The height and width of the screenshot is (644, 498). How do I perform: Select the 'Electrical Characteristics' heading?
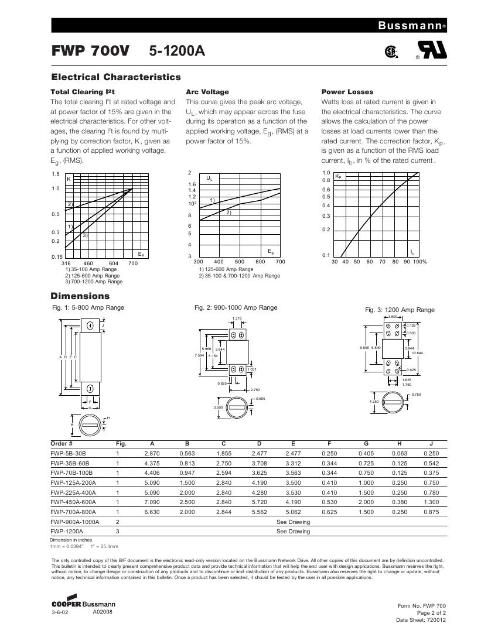point(116,77)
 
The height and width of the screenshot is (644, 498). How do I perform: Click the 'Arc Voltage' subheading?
point(207,92)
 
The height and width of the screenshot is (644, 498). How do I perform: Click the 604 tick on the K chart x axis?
point(114,263)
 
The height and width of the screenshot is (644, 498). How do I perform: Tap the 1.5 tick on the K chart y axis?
point(56,174)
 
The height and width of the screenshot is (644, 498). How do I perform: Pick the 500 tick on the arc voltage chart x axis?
point(240,262)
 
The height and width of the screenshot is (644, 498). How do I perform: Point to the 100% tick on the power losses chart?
point(420,262)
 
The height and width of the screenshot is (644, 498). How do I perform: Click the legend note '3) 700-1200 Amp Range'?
point(93,281)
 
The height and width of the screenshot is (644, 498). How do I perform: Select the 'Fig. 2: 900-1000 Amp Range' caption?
point(236,307)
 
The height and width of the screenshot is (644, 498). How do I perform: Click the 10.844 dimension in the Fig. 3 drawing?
point(418,353)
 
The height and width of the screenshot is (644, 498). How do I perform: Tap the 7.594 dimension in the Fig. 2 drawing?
point(199,355)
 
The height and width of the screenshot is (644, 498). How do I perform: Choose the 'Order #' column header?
point(62,443)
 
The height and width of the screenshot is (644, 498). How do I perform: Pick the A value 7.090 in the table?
point(152,503)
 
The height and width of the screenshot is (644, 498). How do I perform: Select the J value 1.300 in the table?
point(431,503)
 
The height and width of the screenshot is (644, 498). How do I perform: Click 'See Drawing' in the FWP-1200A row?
point(293,532)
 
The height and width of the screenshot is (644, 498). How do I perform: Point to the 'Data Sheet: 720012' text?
point(421,619)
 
